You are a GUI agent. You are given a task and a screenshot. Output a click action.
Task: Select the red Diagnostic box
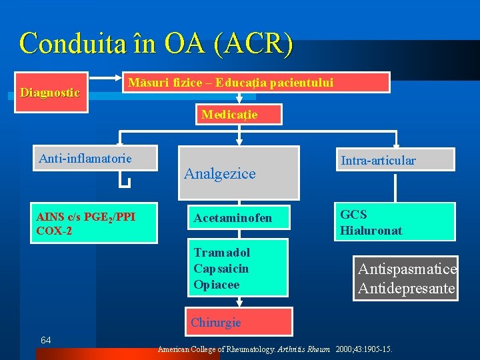pyautogui.click(x=50, y=92)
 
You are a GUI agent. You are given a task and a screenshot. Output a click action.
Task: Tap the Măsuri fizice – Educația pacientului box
pyautogui.click(x=257, y=83)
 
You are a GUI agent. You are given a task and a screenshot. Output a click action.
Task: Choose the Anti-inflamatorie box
pyautogui.click(x=93, y=159)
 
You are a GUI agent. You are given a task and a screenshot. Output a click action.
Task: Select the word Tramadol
pyautogui.click(x=222, y=253)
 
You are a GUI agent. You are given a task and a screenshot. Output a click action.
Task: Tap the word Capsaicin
pyautogui.click(x=221, y=269)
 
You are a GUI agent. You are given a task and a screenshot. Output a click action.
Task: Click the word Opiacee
pyautogui.click(x=216, y=285)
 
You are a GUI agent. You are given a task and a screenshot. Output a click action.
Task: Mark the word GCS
pyautogui.click(x=353, y=215)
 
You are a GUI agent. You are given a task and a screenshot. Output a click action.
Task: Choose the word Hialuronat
pyautogui.click(x=371, y=231)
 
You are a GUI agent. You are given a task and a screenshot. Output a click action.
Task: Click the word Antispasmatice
pyautogui.click(x=407, y=269)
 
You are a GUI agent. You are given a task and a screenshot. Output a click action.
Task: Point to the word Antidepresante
pyautogui.click(x=407, y=289)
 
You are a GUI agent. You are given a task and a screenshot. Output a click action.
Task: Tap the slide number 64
pyautogui.click(x=46, y=341)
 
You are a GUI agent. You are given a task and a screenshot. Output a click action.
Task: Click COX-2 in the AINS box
pyautogui.click(x=55, y=231)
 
